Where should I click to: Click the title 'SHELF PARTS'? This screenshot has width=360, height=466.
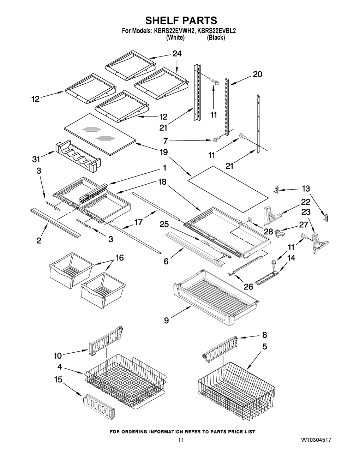click(x=181, y=20)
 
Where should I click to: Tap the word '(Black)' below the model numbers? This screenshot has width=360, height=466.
click(x=216, y=38)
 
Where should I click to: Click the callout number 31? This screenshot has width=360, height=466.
click(x=36, y=159)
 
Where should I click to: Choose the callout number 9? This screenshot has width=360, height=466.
click(x=166, y=326)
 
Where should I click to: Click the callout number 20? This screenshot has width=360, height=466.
click(x=258, y=74)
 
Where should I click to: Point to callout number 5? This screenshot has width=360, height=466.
click(x=265, y=346)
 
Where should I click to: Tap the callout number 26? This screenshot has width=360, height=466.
click(x=248, y=287)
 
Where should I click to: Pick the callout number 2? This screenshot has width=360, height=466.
click(x=39, y=241)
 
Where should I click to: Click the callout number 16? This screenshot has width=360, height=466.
click(x=120, y=258)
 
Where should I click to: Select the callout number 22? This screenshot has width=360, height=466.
click(x=306, y=202)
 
